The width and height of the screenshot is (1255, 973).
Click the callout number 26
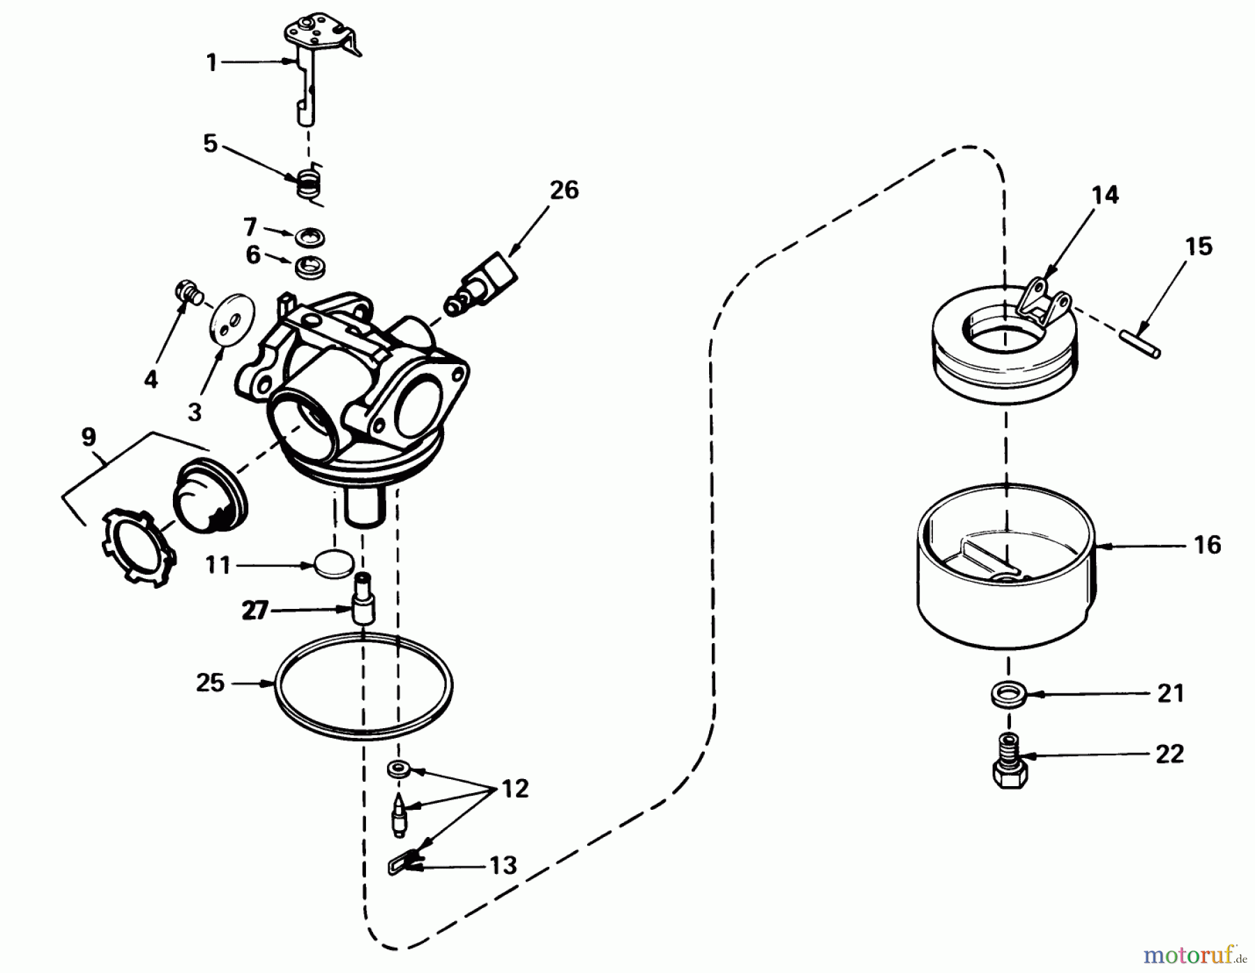pos(564,190)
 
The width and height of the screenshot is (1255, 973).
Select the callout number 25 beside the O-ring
pos(210,682)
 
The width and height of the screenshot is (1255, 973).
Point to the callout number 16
pos(1208,544)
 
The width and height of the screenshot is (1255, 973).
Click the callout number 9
pos(88,437)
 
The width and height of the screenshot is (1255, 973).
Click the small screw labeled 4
pos(188,291)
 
